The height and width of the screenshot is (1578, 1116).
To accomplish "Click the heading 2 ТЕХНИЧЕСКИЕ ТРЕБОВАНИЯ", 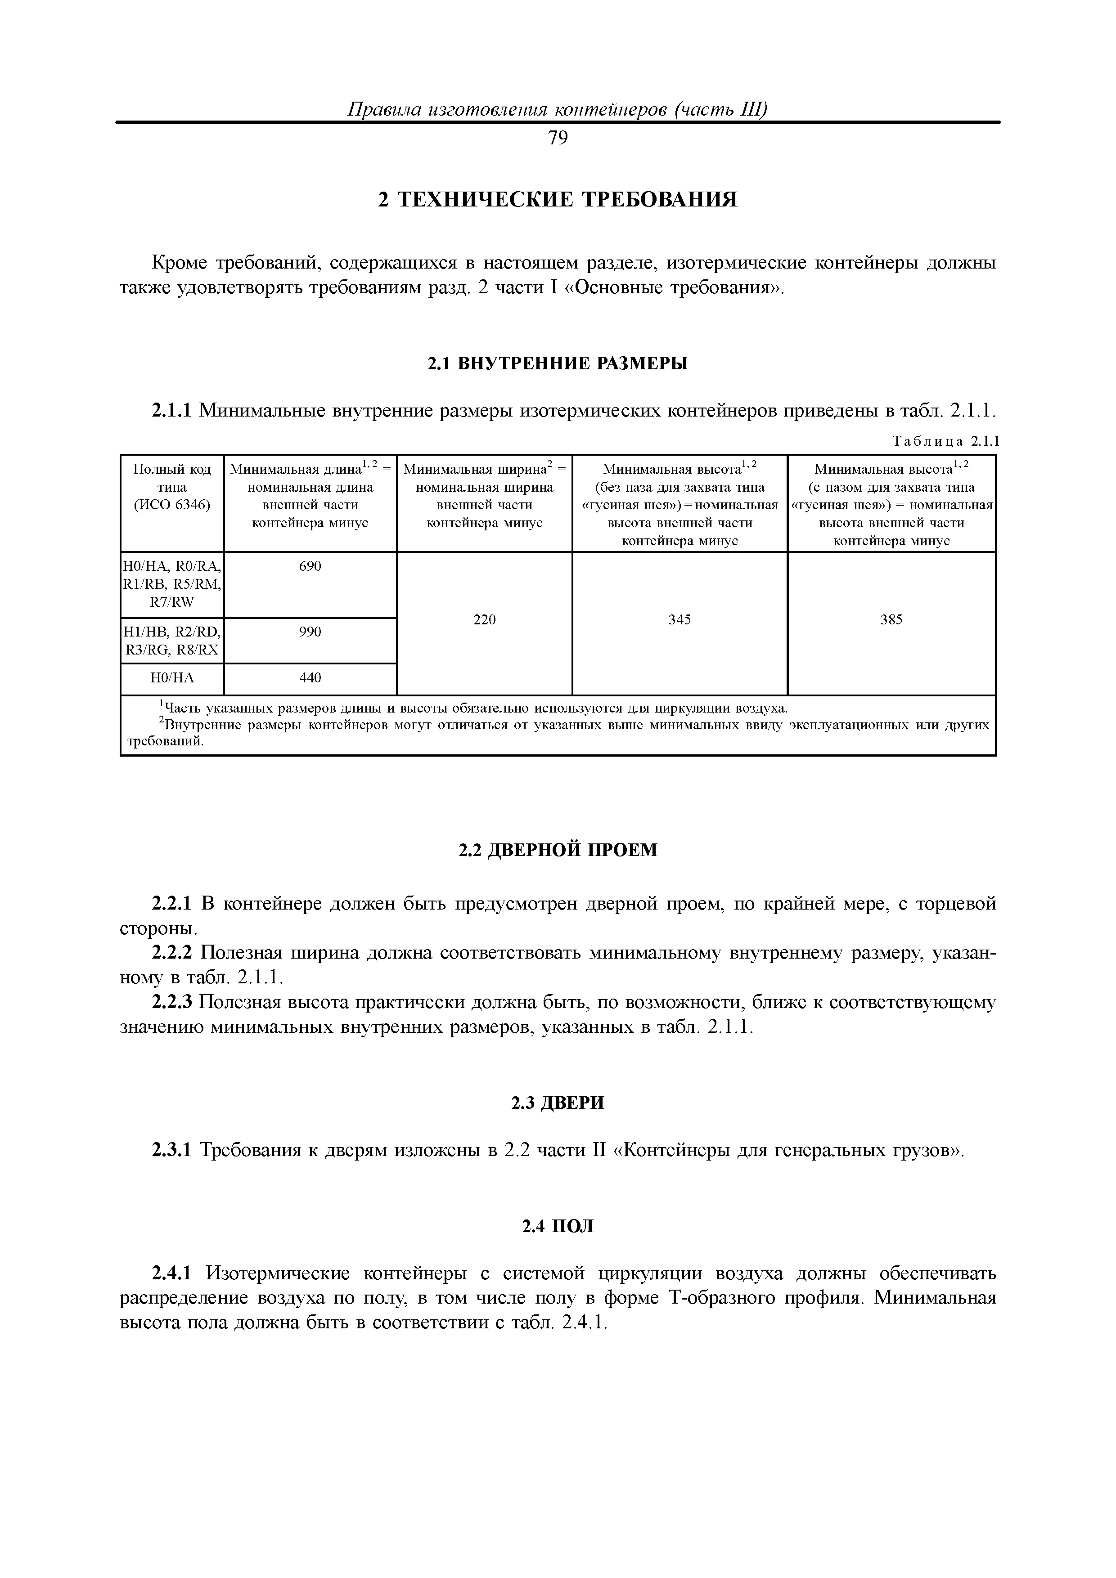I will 558,199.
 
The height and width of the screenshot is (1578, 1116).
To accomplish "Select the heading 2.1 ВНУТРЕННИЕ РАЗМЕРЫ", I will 558,363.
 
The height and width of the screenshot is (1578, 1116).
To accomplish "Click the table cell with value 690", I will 310,566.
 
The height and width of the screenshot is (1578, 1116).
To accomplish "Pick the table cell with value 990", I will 310,632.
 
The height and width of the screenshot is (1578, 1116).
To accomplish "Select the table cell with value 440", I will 310,677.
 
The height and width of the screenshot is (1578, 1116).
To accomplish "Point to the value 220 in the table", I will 484,620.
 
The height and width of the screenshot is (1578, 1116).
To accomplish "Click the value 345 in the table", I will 679,620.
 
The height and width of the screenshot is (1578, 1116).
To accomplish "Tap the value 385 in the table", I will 891,620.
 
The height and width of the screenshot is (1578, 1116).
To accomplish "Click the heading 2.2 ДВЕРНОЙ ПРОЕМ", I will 558,850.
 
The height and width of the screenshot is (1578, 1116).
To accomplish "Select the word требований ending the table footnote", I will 166,742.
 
